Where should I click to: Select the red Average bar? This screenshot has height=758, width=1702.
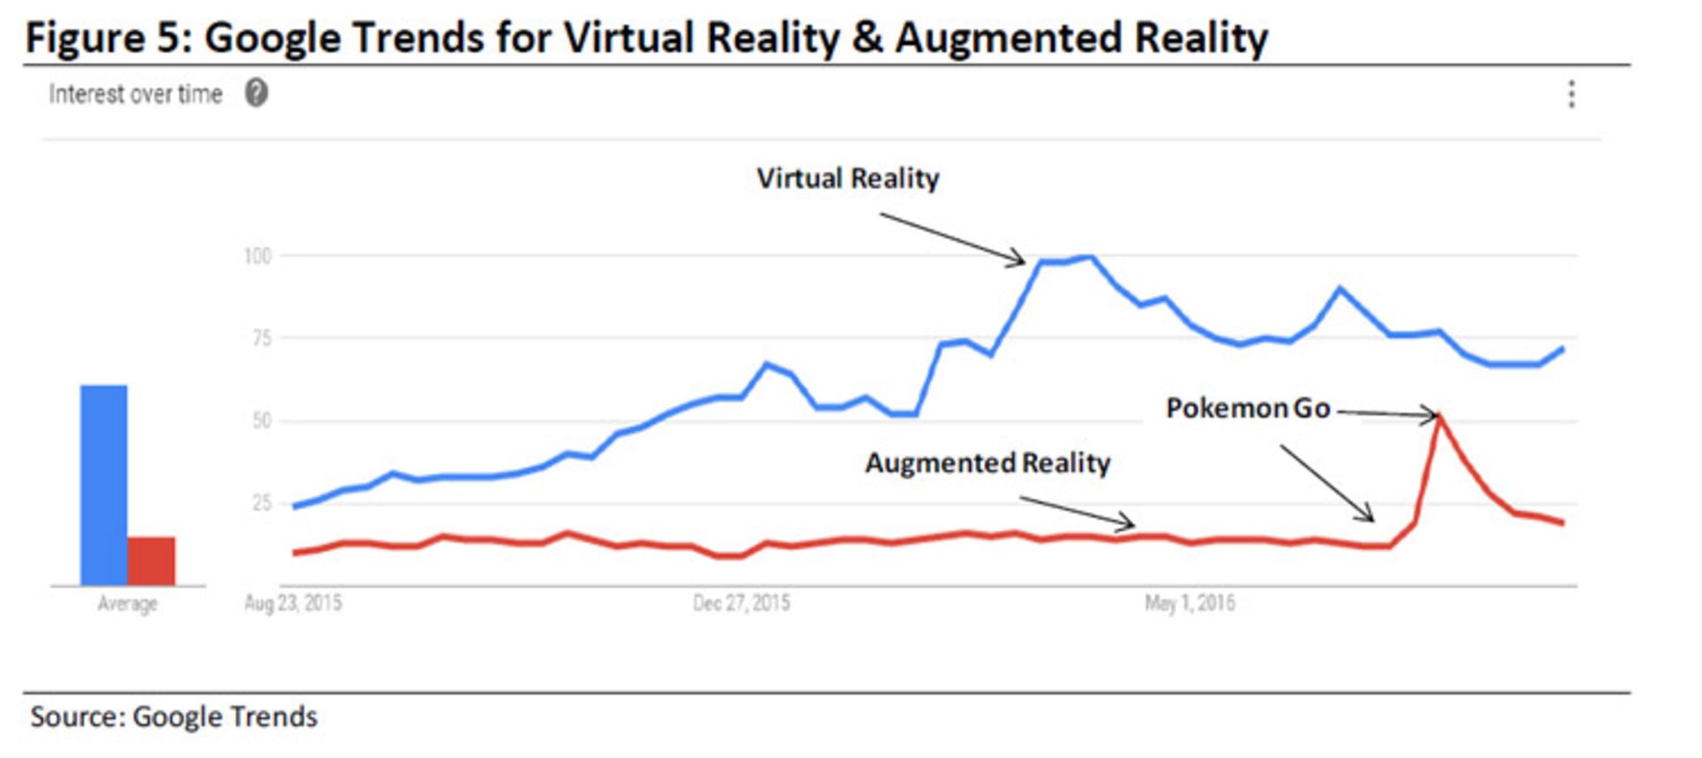click(x=151, y=560)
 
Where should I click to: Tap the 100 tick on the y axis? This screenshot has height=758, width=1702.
click(x=257, y=256)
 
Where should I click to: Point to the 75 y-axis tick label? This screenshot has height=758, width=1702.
click(x=261, y=338)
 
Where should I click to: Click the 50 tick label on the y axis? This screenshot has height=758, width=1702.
click(x=261, y=420)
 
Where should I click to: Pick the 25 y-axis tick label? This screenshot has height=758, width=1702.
click(x=261, y=503)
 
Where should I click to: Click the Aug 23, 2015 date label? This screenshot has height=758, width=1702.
click(x=293, y=604)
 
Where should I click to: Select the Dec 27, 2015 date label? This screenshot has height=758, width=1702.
click(x=741, y=604)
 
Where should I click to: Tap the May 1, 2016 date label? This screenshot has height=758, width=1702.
click(x=1190, y=604)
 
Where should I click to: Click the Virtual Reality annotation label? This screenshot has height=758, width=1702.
click(x=847, y=178)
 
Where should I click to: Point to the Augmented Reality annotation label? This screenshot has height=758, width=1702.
click(x=988, y=463)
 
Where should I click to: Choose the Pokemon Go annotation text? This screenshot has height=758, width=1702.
click(x=1247, y=408)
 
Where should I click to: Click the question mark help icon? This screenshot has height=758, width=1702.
click(x=256, y=93)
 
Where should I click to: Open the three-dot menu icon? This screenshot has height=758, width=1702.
click(x=1571, y=94)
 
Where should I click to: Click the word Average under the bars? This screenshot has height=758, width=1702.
click(x=127, y=604)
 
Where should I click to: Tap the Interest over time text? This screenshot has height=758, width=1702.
click(x=135, y=94)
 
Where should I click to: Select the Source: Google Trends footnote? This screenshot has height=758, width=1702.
click(x=174, y=716)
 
